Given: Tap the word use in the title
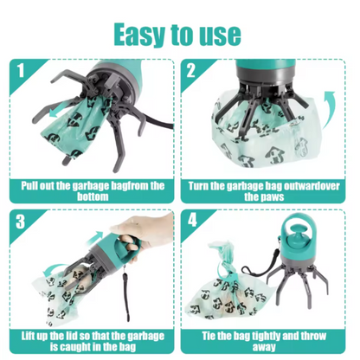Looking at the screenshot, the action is [221, 35].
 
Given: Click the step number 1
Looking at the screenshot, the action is [20, 70].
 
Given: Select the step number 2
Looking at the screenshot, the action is [191, 70].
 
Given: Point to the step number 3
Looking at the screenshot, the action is [20, 222].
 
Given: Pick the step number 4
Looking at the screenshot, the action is [192, 221].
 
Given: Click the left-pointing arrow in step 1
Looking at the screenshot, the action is [61, 112].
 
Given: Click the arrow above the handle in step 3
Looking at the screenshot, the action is [96, 237].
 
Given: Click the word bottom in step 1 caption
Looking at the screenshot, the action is [93, 196].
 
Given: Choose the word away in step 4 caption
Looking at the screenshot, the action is [264, 347].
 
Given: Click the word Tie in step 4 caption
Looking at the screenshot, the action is [208, 336].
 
